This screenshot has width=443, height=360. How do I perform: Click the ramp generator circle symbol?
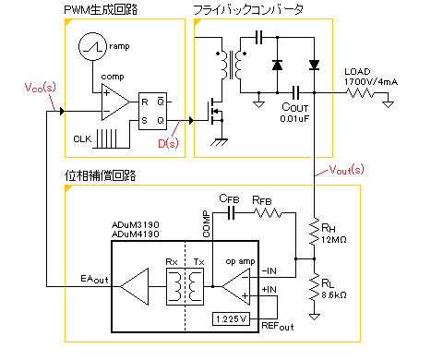[92, 46]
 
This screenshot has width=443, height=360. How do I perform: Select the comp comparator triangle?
[115, 102]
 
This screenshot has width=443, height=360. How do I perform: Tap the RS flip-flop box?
[152, 111]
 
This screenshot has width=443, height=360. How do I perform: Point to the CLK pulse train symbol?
[107, 138]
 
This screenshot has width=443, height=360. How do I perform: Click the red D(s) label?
[168, 143]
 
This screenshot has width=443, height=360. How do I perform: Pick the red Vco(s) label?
[41, 88]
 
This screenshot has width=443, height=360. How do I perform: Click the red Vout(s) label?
[346, 170]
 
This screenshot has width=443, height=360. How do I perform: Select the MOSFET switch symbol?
[216, 112]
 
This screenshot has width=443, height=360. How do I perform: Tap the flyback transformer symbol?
[231, 65]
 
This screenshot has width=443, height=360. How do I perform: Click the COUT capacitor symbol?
[295, 92]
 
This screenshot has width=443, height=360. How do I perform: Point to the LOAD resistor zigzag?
[360, 92]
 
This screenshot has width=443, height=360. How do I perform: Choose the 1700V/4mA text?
[371, 82]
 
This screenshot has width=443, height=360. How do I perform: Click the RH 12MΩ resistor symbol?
[314, 232]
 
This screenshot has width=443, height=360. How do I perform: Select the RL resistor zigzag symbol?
[314, 286]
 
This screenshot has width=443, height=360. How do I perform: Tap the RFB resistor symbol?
[268, 212]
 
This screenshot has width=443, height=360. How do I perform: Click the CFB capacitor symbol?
[231, 212]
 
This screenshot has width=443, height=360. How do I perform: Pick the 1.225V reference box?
[231, 318]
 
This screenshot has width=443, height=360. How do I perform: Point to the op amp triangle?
[236, 286]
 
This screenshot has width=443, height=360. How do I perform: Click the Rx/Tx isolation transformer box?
[185, 286]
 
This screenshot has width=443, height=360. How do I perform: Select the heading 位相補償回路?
[101, 175]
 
